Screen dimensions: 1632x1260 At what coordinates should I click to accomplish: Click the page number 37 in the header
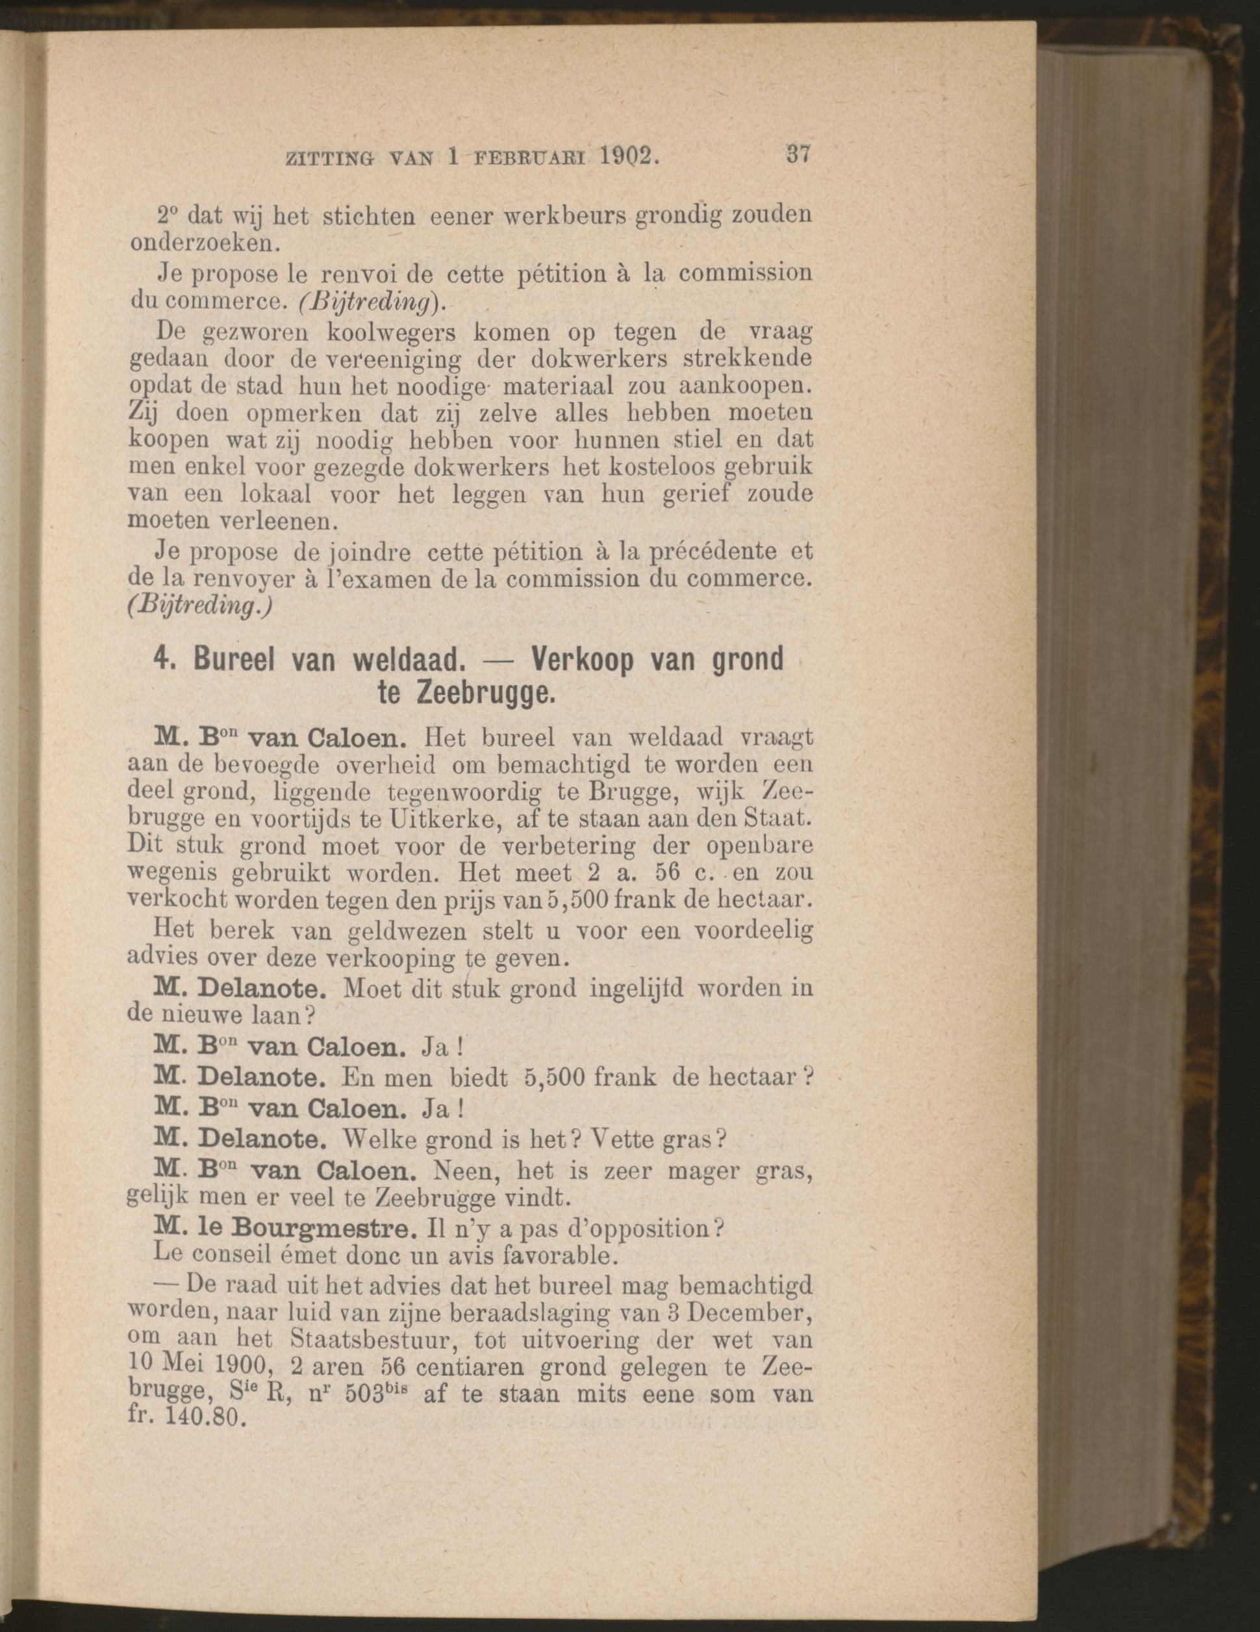click(798, 158)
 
